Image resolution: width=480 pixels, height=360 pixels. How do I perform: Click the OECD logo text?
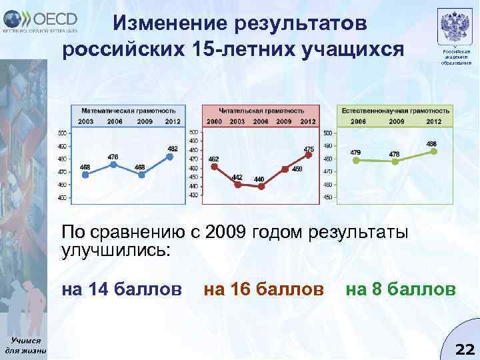point(54,17)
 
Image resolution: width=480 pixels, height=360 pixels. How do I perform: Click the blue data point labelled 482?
point(170,157)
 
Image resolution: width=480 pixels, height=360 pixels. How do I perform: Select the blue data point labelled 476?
point(113,164)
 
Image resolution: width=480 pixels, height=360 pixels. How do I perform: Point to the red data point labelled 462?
point(214,167)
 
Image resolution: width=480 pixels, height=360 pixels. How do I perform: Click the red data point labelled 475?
point(308,155)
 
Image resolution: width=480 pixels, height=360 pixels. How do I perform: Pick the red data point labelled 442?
point(237,184)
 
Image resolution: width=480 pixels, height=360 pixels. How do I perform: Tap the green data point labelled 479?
point(355,159)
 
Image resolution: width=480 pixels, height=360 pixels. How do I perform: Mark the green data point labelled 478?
point(395,160)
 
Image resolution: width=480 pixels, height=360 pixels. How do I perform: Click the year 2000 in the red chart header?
point(214,121)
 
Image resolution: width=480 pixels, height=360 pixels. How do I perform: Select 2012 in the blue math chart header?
point(172,121)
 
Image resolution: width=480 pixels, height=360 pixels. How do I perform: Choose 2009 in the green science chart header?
point(396,121)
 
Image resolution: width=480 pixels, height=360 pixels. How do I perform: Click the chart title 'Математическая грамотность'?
point(129,110)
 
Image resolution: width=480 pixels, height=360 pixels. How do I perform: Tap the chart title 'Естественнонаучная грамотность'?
point(395,110)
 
